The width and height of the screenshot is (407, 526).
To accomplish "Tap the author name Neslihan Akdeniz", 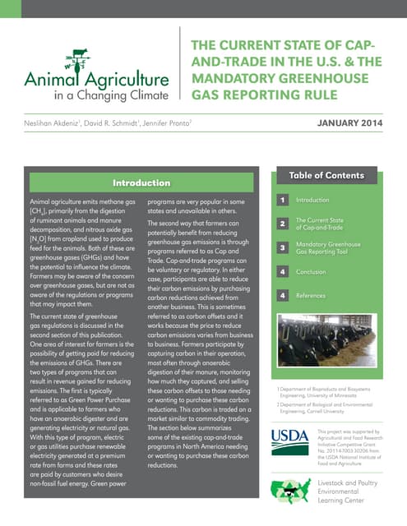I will (x=54, y=124).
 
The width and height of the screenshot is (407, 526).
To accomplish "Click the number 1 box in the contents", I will (x=281, y=200).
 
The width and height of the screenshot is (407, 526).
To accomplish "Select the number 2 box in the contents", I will (x=281, y=224).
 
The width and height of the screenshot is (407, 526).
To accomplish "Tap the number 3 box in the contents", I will (x=281, y=247).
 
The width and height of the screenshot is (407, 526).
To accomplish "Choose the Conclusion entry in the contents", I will (x=311, y=271).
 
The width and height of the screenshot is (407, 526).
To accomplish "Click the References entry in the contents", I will (x=312, y=295).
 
